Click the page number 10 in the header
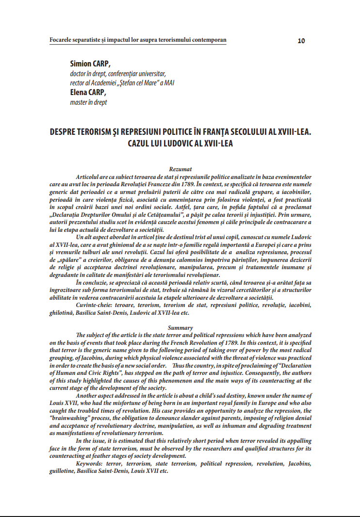pyautogui.click(x=301, y=41)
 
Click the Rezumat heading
pyautogui.click(x=180, y=169)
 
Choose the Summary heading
pyautogui.click(x=180, y=328)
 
